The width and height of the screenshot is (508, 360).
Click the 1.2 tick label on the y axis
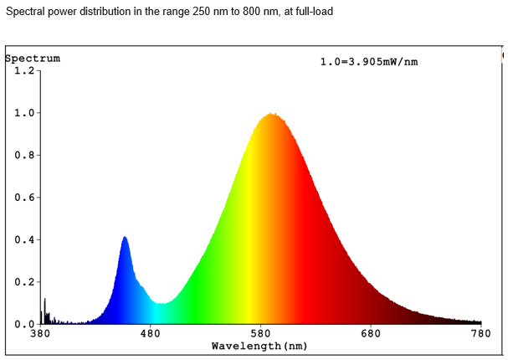point(23,70)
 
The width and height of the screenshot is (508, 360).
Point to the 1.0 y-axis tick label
point(23,113)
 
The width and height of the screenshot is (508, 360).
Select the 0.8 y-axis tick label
point(23,155)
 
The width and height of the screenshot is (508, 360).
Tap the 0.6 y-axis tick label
point(23,198)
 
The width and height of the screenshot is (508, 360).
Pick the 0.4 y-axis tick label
point(23,239)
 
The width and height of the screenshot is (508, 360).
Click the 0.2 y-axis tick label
point(23,282)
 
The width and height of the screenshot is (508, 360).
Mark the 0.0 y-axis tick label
point(23,323)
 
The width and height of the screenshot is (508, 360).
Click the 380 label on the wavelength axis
point(39,334)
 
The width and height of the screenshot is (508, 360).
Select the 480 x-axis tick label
point(150,334)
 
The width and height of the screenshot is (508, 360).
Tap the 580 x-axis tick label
point(260,334)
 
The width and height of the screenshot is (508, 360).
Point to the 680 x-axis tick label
point(371,334)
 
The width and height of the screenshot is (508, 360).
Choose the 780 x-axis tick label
point(481,334)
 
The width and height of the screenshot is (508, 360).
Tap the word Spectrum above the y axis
point(33,59)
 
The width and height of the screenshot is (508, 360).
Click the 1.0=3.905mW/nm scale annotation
point(368,63)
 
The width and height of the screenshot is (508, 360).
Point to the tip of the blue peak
point(125,238)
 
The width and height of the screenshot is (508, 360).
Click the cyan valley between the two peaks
point(161,304)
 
